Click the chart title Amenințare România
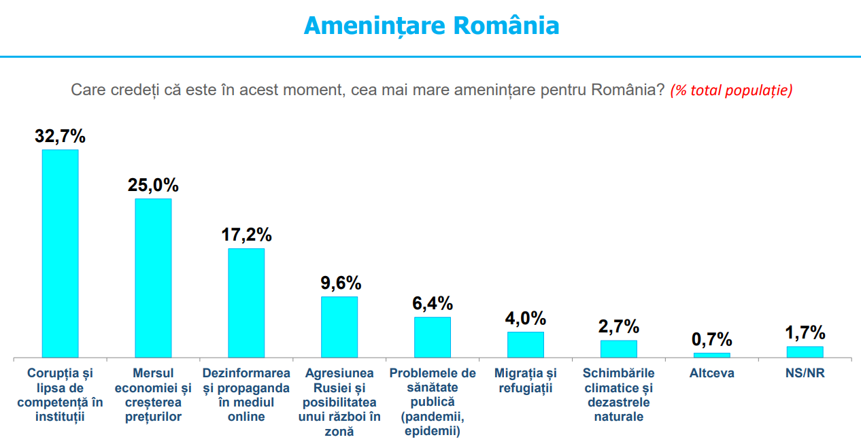431,26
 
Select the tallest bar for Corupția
60,253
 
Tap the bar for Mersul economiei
153,277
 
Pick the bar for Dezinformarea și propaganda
246,303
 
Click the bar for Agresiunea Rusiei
339,327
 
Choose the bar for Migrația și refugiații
525,345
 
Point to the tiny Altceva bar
711,355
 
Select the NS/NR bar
805,352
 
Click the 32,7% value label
60,136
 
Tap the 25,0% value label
153,185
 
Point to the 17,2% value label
246,235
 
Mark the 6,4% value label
432,303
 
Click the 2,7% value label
618,326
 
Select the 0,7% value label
711,339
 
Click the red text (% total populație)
731,90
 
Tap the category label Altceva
711,373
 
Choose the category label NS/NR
805,373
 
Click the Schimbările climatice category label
618,394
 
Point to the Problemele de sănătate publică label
432,402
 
